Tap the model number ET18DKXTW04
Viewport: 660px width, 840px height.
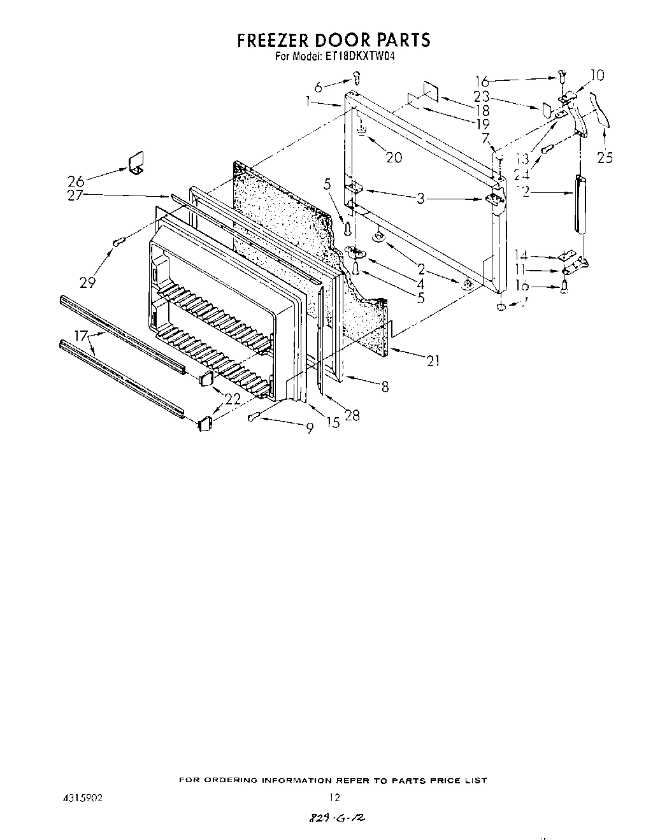click(x=354, y=55)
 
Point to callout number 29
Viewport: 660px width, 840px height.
click(x=87, y=281)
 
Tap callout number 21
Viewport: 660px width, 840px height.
click(x=433, y=361)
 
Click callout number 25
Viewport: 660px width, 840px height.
click(x=605, y=157)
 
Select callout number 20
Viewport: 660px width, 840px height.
click(x=394, y=157)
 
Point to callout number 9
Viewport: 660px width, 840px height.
click(x=309, y=429)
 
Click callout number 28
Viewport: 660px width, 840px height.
click(x=352, y=415)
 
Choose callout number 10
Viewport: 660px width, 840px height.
click(x=597, y=76)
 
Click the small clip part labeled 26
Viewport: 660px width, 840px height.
click(x=136, y=163)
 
